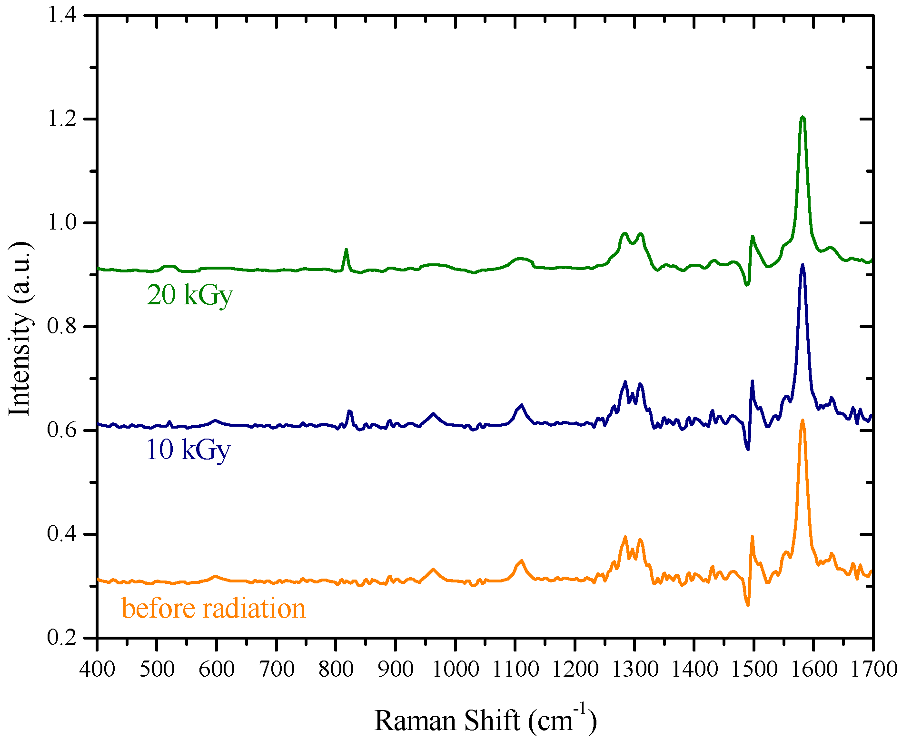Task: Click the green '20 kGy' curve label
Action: pyautogui.click(x=189, y=295)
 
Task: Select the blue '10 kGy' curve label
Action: pyautogui.click(x=188, y=450)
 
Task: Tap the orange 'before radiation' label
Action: pyautogui.click(x=213, y=609)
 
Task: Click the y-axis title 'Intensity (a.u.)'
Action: pyautogui.click(x=20, y=329)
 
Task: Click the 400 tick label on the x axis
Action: pyautogui.click(x=97, y=669)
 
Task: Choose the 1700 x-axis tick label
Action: pyautogui.click(x=873, y=669)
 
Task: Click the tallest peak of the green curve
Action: pyautogui.click(x=803, y=117)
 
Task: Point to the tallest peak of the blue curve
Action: pyautogui.click(x=803, y=265)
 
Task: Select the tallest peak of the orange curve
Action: pyautogui.click(x=803, y=421)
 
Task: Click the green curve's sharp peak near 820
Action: pyautogui.click(x=346, y=250)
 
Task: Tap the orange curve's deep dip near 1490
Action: pyautogui.click(x=748, y=605)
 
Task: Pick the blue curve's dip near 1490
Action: pyautogui.click(x=748, y=449)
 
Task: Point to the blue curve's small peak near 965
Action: pyautogui.click(x=433, y=413)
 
